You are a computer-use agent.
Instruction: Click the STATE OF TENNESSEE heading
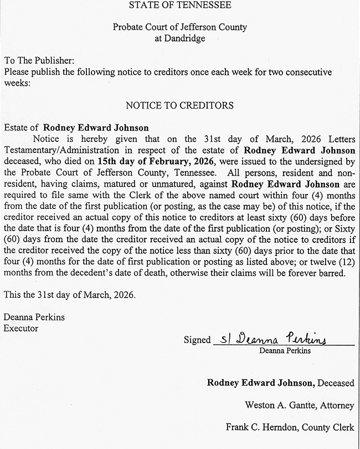point(179,6)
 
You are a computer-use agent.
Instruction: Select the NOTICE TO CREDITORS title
point(179,105)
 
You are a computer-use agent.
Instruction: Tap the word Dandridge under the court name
point(180,38)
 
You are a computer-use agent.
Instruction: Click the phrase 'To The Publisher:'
point(39,60)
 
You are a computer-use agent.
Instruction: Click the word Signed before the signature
point(197,340)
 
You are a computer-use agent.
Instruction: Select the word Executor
point(20,328)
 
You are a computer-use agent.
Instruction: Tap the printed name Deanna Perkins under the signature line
point(284,350)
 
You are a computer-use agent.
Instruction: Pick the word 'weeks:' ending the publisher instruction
point(17,83)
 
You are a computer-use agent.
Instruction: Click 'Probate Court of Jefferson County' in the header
point(179,27)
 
